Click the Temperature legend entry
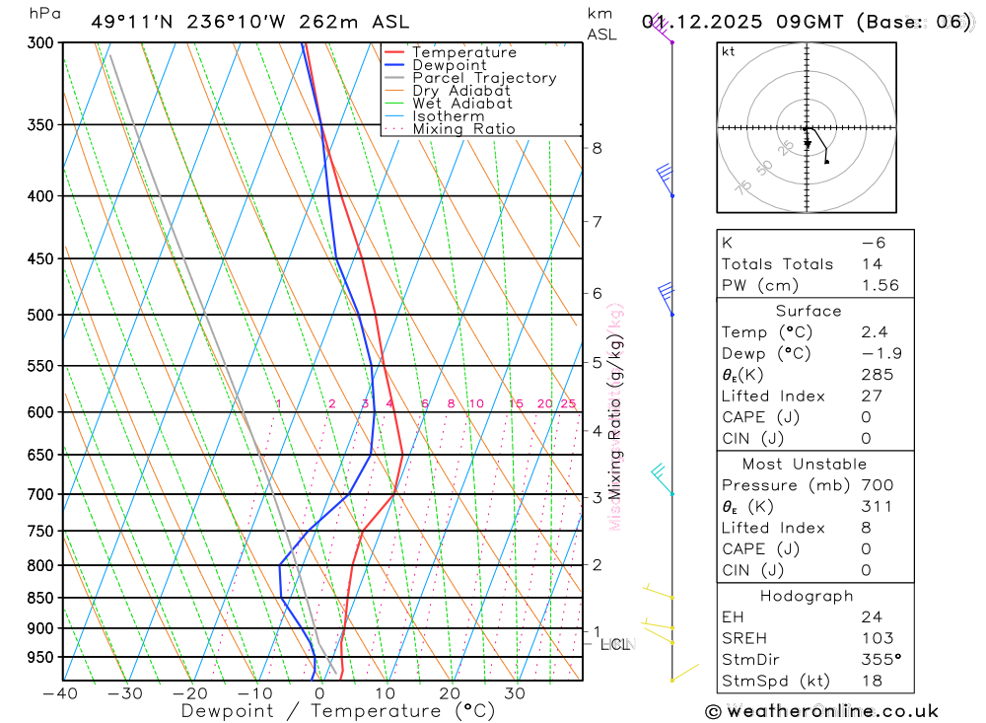[x=463, y=52]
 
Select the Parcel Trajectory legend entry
[x=484, y=78]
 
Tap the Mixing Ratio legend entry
[x=463, y=129]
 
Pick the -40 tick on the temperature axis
[x=61, y=693]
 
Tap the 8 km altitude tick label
[x=597, y=148]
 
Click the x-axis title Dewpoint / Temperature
[x=338, y=710]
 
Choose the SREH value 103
[x=876, y=638]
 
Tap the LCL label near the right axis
[x=614, y=645]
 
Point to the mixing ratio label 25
[x=568, y=403]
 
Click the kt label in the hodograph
[x=729, y=51]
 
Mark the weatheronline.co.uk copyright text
[x=821, y=711]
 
